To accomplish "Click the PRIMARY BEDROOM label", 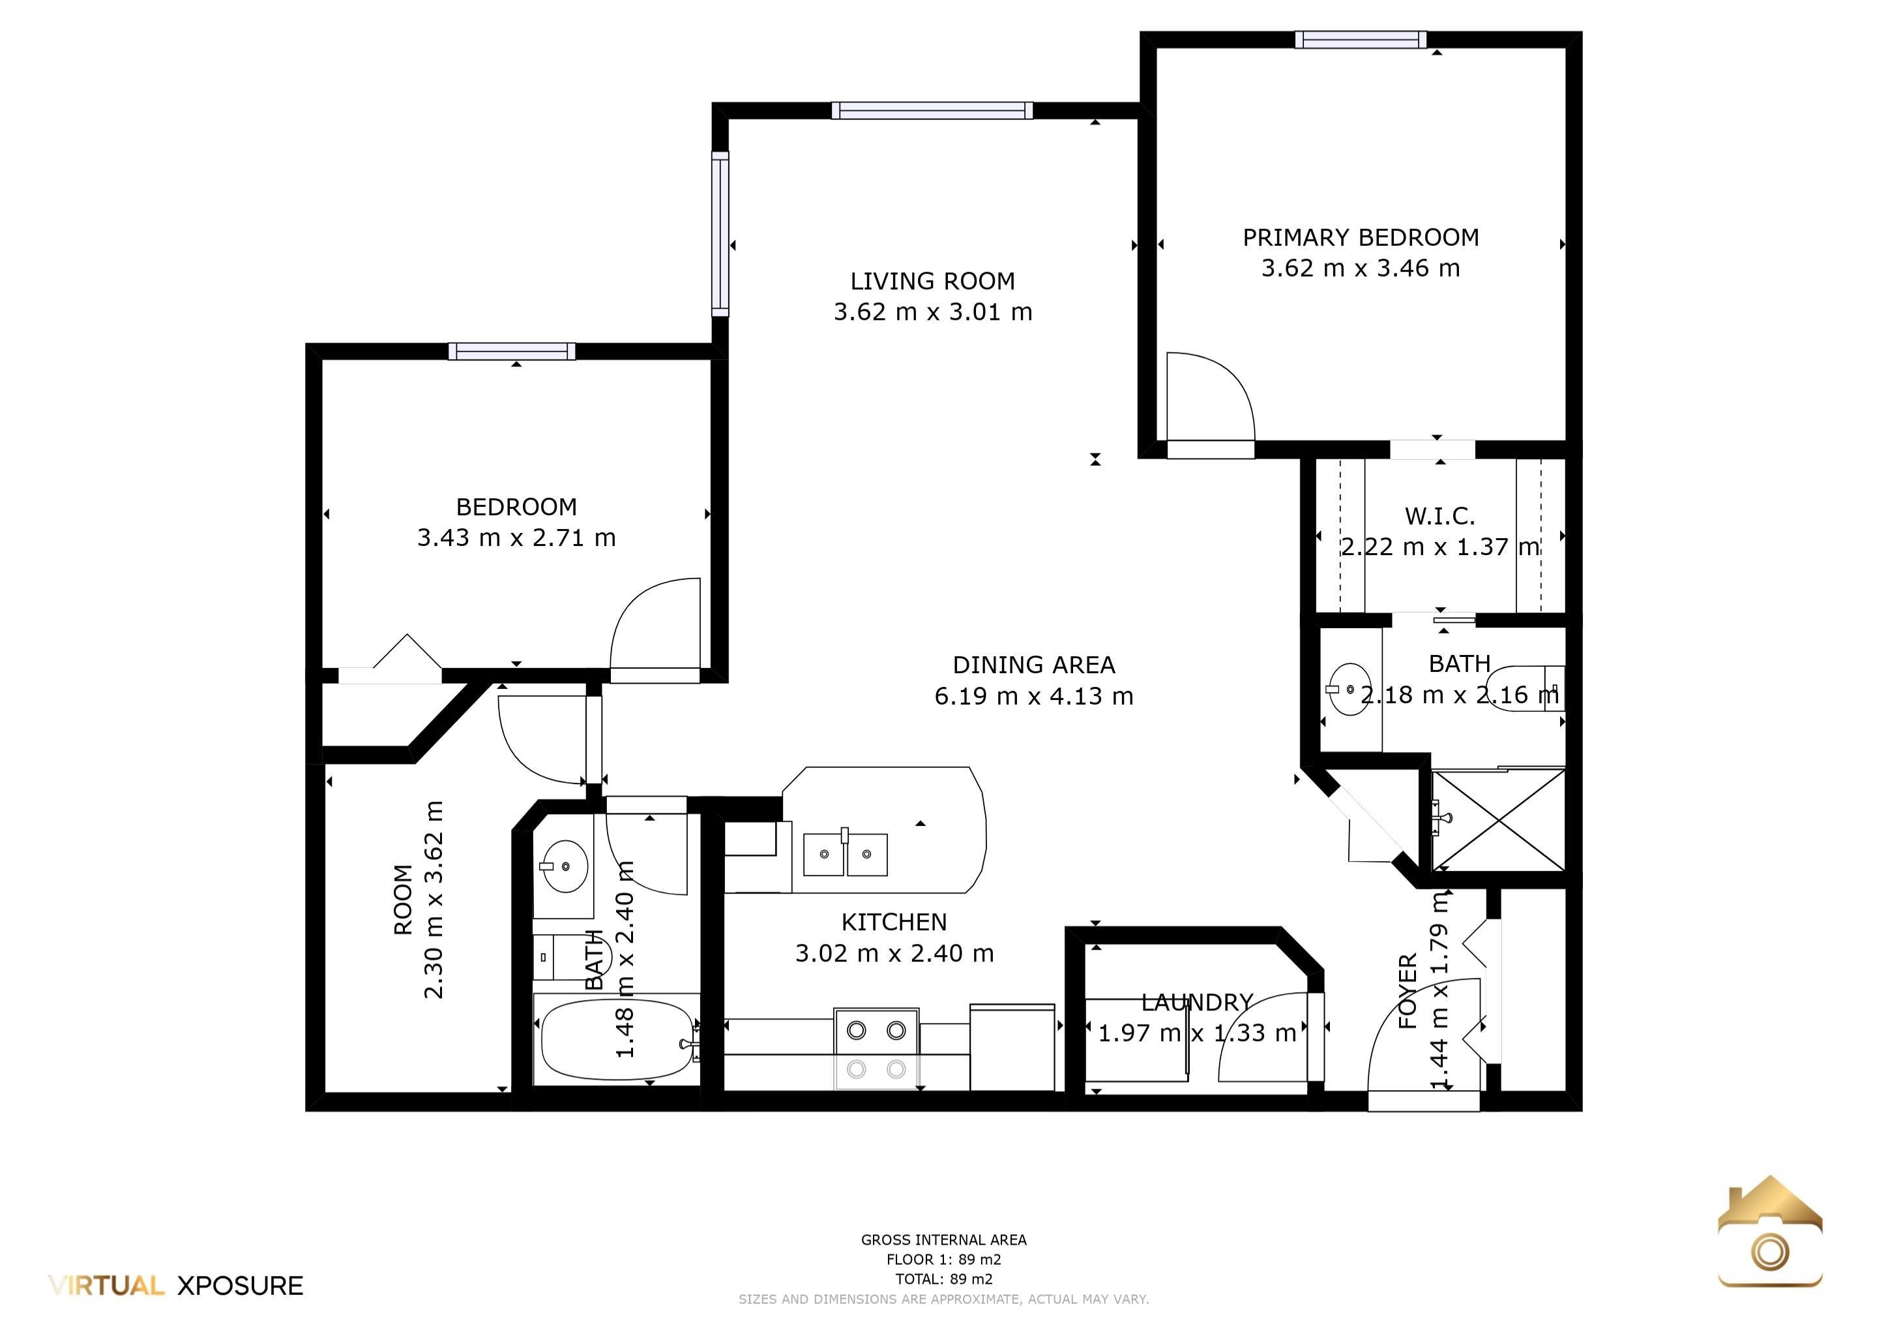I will [x=1360, y=237].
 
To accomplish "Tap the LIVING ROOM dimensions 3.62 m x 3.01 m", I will [x=932, y=312].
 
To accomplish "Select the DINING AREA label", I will [x=1033, y=665].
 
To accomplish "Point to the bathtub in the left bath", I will [x=617, y=1039].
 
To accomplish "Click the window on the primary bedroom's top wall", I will [x=1360, y=40].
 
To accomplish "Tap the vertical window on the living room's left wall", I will [x=720, y=234].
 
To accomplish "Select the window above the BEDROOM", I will [x=512, y=352].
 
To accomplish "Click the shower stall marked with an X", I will [x=1498, y=819].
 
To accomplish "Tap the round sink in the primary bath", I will [x=1350, y=690].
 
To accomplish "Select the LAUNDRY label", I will [x=1196, y=1002].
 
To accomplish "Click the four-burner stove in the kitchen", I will [x=877, y=1048].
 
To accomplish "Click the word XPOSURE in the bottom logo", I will [x=240, y=1286].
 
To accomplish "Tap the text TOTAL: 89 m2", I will [x=943, y=1279].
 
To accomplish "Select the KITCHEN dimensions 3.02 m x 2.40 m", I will [x=894, y=954].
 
